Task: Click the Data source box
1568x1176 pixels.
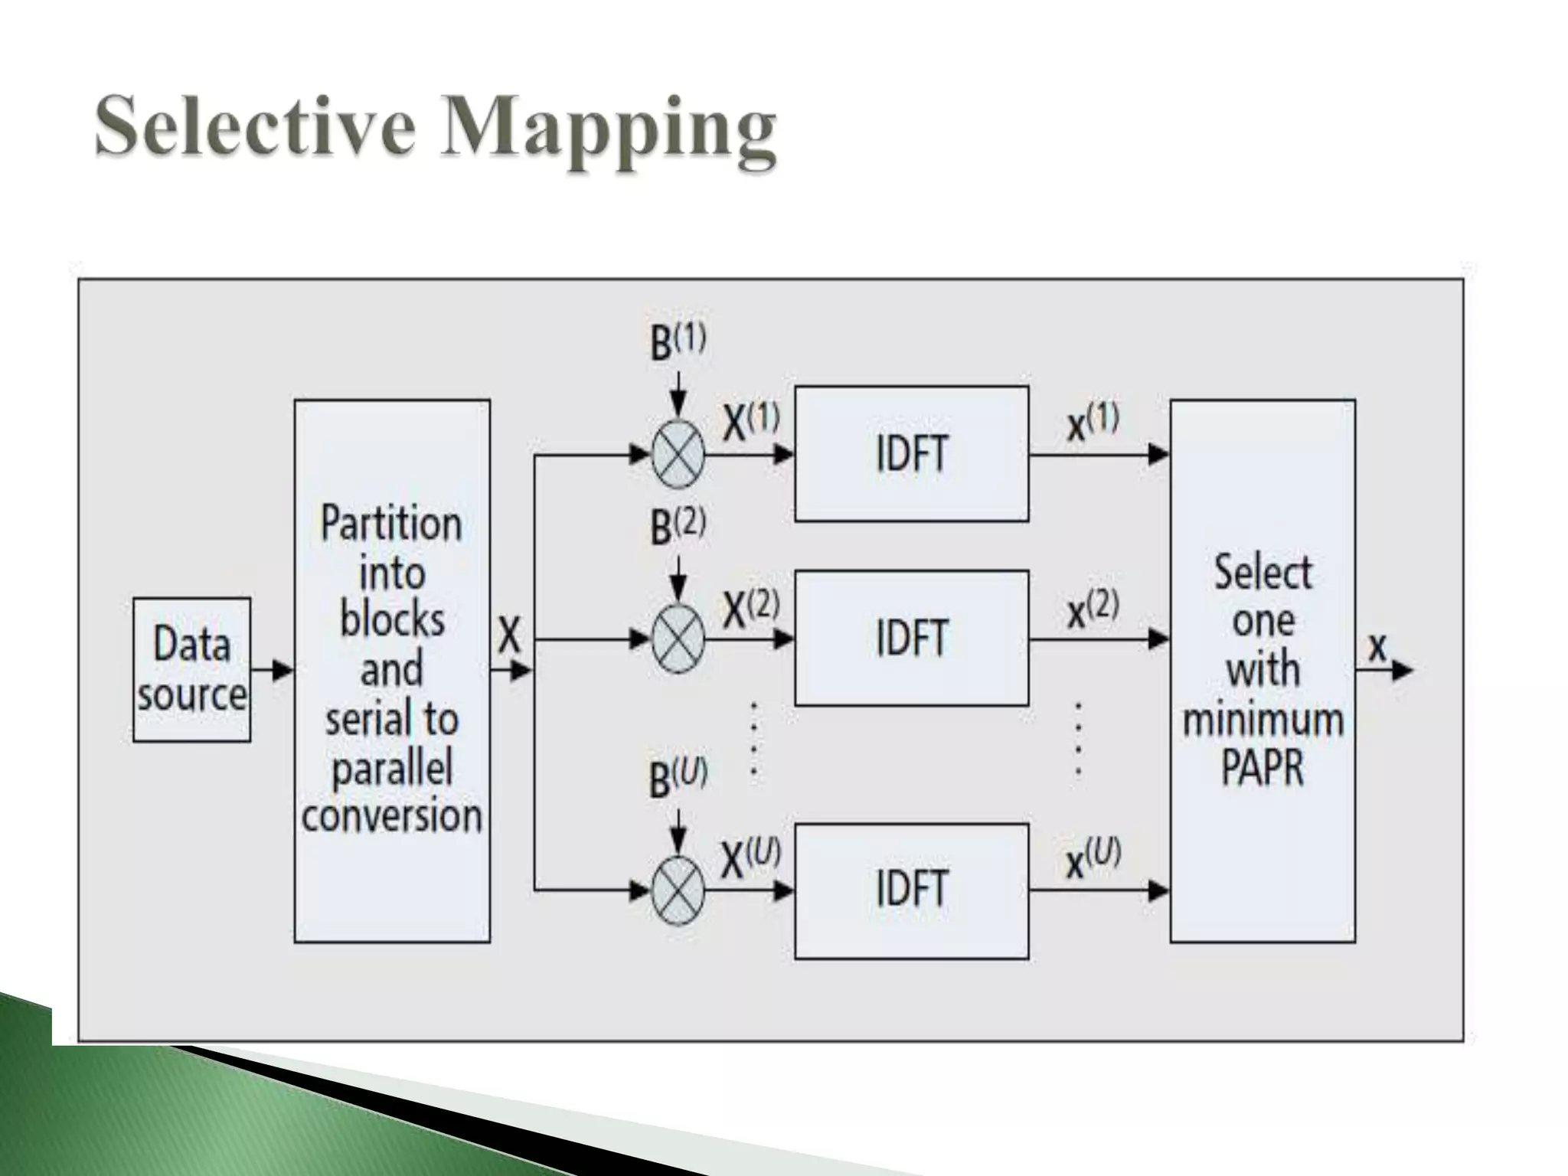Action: point(191,669)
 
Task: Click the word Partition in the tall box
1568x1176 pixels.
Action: point(391,525)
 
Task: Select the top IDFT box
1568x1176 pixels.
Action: point(911,454)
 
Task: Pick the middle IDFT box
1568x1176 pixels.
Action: point(911,638)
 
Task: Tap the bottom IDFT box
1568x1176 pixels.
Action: point(911,890)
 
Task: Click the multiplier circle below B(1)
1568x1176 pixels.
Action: point(678,454)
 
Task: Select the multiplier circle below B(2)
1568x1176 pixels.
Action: point(678,639)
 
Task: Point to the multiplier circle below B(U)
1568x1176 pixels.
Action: point(678,890)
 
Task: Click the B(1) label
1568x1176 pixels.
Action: point(678,342)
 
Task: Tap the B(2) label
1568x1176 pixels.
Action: point(678,527)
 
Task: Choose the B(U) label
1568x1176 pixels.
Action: point(678,779)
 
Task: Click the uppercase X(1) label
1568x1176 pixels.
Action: point(750,423)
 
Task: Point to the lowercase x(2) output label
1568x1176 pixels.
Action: point(1093,610)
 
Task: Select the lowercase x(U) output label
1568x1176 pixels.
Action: point(1093,859)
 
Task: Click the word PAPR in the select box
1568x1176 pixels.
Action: point(1262,767)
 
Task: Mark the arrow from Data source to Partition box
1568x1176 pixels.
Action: point(272,671)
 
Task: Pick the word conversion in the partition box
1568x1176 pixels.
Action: point(391,816)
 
